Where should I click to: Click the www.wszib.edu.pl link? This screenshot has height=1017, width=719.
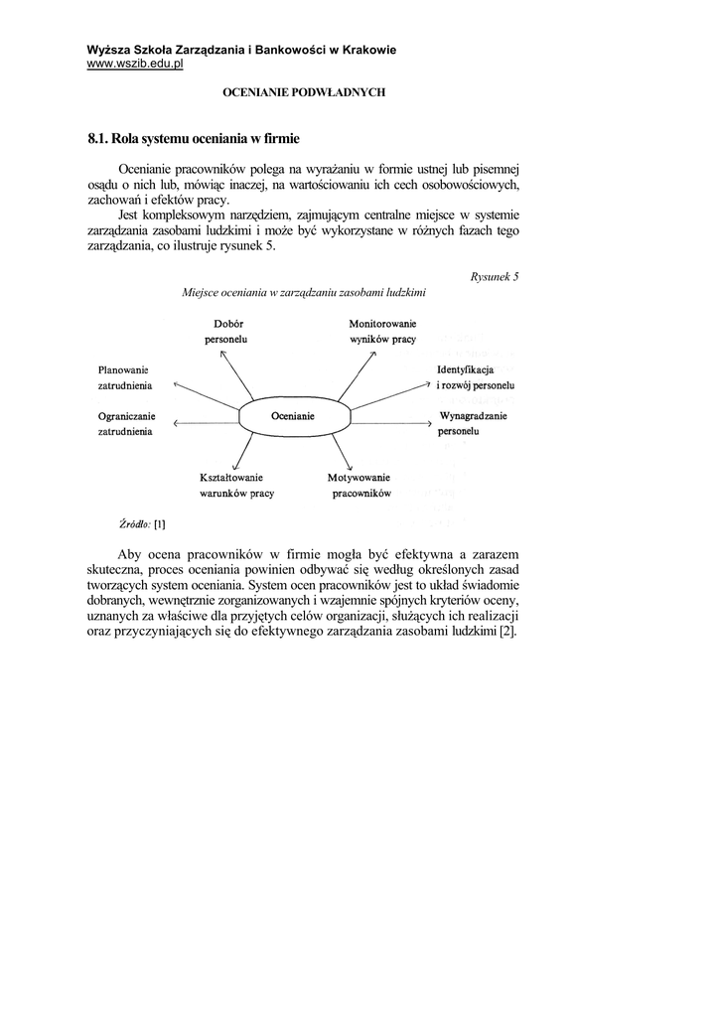pos(135,65)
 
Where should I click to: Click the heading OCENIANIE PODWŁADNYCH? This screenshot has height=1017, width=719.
pos(303,92)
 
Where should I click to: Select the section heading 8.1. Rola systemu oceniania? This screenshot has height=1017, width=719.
pos(193,138)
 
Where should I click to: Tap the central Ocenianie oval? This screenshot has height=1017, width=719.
pos(292,417)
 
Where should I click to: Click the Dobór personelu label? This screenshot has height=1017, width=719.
pos(229,332)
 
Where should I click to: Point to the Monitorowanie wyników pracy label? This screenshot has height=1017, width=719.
pos(382,332)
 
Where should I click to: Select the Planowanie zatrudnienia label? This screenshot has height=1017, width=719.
pos(123,376)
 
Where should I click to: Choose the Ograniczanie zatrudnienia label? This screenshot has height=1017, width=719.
pos(125,425)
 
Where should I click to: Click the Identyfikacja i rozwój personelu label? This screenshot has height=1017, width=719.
pos(475,376)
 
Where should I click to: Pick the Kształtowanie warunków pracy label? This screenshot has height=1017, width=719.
pos(236,485)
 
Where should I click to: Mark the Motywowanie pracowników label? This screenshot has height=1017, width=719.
pos(359,485)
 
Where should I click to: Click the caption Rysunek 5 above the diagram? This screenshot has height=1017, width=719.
pos(495,276)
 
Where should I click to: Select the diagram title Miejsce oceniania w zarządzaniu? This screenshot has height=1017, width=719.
pos(304,293)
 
